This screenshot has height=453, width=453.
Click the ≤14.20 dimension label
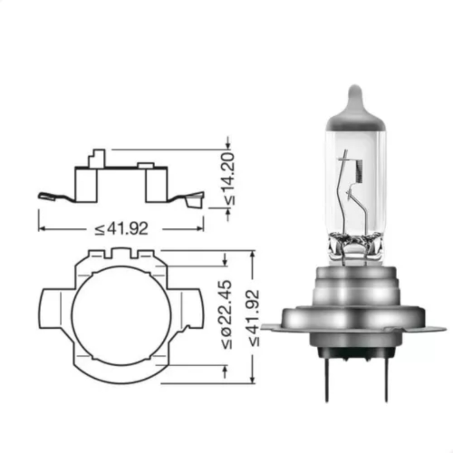[x=229, y=179]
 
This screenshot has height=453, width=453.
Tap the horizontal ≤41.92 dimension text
[x=121, y=229]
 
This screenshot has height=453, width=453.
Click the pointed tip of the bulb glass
[x=355, y=86]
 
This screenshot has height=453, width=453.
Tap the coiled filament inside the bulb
[x=359, y=172]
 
